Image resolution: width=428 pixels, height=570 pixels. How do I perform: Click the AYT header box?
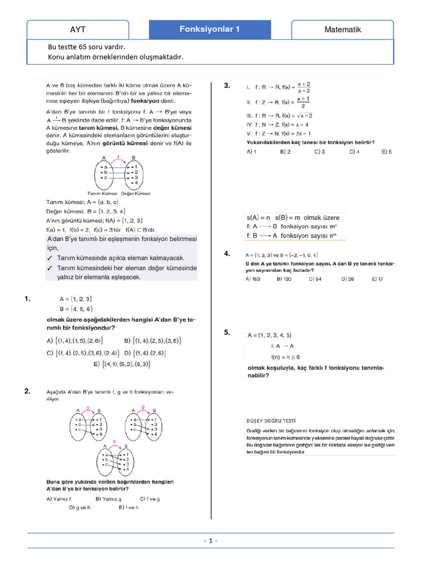(78, 30)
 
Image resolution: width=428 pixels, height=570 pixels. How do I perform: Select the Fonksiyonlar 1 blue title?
(210, 29)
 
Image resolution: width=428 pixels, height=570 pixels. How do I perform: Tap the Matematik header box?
(343, 30)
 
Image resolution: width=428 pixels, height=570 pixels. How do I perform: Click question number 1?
(27, 299)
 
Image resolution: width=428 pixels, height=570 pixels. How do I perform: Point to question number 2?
(27, 391)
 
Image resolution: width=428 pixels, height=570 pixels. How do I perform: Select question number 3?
(227, 85)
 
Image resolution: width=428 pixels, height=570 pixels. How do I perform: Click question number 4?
(227, 253)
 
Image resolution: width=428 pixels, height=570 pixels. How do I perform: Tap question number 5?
(227, 332)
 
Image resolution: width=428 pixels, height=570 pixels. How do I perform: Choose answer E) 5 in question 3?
(386, 151)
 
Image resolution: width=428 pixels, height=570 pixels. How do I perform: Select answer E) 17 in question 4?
(377, 279)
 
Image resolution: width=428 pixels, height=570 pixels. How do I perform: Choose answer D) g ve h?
(80, 508)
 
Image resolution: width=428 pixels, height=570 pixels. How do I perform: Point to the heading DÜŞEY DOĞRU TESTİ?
(271, 421)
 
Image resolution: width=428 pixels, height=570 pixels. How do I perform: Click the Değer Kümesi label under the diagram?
(137, 193)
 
